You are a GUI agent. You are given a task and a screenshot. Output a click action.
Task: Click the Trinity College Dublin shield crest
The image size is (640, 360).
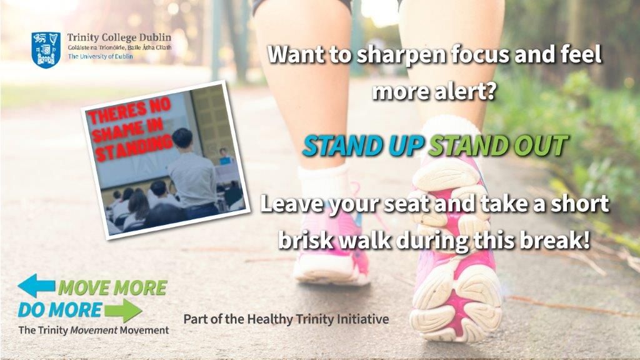tap(46, 50)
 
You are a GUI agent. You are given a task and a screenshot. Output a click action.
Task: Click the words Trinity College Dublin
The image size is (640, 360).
tap(119, 37)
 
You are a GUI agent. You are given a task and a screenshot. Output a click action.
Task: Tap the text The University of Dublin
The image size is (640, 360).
tap(101, 56)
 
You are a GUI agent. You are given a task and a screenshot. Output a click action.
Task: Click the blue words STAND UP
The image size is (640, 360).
tap(363, 146)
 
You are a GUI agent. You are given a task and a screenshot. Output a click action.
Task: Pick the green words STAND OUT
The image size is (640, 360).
tap(497, 146)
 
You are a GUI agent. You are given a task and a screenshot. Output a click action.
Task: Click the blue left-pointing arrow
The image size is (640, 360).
tap(36, 285)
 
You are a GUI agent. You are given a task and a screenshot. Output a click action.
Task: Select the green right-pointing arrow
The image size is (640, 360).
tap(123, 311)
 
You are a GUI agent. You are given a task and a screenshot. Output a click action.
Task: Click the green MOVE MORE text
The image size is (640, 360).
tap(112, 287)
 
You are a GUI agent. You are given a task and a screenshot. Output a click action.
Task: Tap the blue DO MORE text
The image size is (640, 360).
tap(59, 310)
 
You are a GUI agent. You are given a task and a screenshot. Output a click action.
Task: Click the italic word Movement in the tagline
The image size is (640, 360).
tap(94, 330)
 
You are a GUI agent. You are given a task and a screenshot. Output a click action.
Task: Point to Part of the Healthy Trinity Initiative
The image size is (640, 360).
tap(286, 319)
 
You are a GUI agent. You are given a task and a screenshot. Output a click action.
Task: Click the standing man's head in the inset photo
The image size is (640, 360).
tap(182, 139)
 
